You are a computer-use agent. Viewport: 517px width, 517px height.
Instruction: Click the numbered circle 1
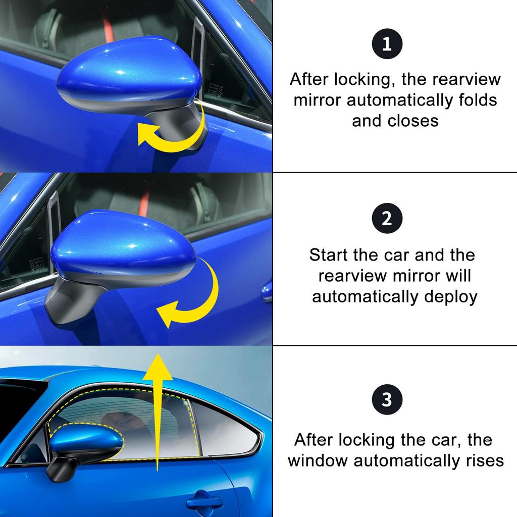point(387,44)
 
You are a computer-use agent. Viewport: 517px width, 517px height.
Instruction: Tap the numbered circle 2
point(387,219)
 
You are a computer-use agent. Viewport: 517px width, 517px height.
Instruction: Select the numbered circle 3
point(387,400)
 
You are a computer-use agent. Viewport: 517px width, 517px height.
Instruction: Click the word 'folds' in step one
point(474,100)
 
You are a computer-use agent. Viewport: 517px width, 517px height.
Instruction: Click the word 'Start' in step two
point(329,255)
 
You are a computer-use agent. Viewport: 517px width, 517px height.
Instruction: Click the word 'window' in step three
point(318,460)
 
